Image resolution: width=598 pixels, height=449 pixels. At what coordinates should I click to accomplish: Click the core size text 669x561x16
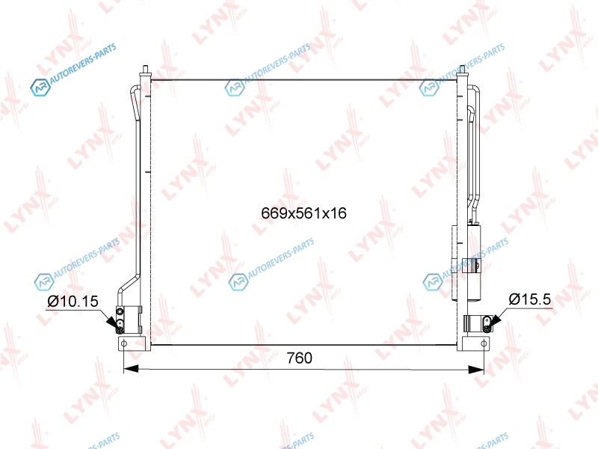pos(303,213)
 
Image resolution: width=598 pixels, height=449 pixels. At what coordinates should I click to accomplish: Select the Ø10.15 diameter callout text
pos(73,302)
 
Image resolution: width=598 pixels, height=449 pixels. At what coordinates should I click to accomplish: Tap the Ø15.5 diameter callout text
pos(530,299)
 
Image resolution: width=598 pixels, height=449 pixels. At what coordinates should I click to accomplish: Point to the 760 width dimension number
pos(300,358)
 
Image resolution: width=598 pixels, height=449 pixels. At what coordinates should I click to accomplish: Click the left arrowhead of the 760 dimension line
pos(131,369)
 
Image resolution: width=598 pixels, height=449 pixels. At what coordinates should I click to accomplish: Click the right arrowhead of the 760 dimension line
pos(476,369)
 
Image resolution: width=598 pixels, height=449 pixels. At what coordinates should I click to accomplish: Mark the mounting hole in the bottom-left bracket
pos(124,343)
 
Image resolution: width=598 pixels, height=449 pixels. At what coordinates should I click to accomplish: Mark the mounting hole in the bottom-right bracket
pos(484,343)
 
